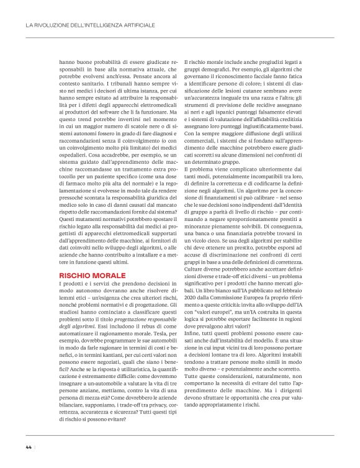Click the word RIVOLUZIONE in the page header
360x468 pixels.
(52, 25)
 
